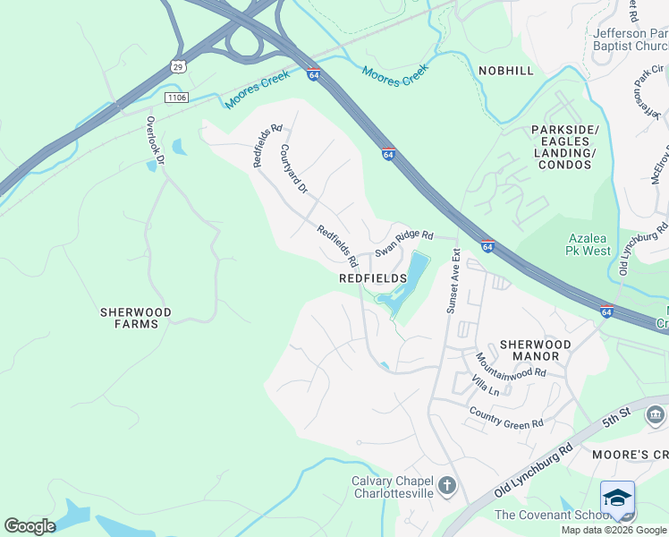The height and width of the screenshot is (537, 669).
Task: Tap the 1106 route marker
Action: pos(176,97)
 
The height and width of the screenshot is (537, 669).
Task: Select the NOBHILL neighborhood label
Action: pos(505,71)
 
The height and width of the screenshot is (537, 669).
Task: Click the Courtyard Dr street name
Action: pos(293,170)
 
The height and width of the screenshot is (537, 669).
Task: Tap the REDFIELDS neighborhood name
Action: pos(373,278)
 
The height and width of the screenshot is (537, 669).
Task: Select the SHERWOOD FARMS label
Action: pos(135,318)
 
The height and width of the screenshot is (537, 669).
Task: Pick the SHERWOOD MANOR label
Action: pos(529,350)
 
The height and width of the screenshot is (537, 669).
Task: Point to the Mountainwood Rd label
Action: pos(510,365)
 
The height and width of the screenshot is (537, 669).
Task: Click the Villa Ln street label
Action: pos(486,386)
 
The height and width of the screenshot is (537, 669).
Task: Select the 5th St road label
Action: pos(616,413)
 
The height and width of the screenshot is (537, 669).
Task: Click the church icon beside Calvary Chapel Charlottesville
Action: pos(447,486)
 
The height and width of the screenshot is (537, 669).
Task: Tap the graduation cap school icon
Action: pos(617,497)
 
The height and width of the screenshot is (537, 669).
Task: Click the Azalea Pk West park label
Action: pos(589,244)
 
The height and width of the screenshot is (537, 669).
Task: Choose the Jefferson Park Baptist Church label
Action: pos(631,40)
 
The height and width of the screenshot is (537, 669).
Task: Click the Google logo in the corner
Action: pos(30,526)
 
